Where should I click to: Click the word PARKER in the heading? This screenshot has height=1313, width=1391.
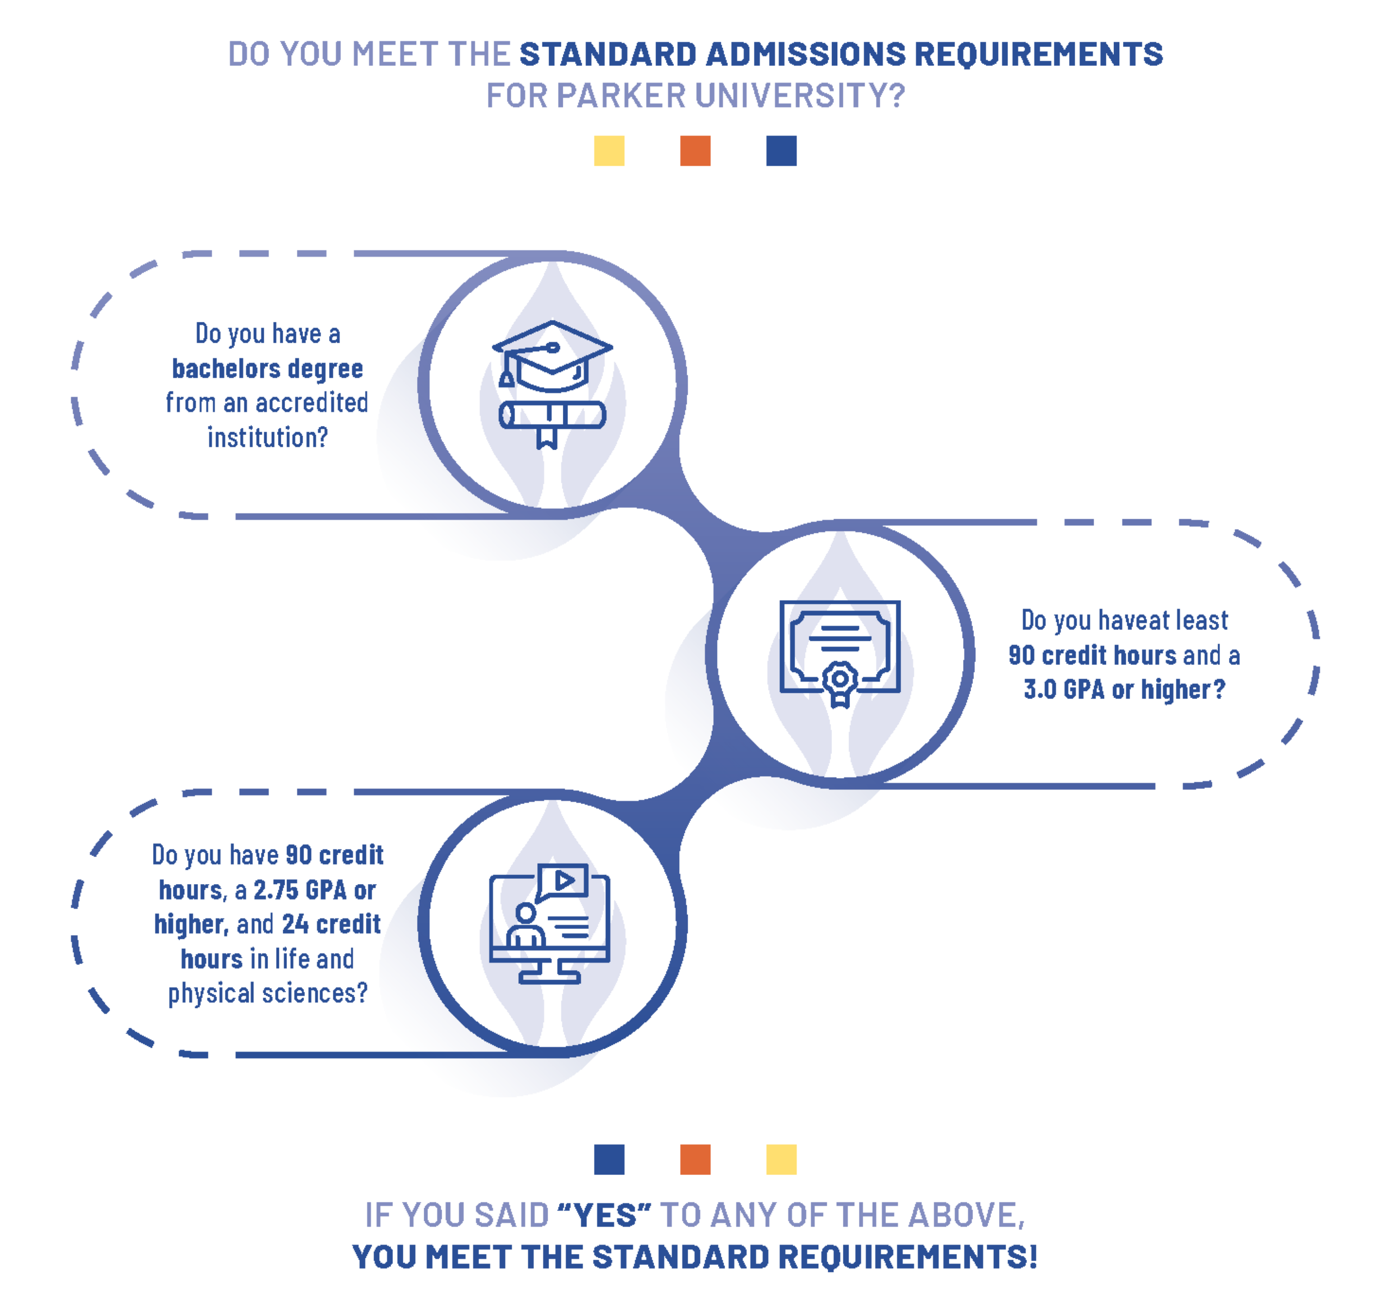click(x=621, y=96)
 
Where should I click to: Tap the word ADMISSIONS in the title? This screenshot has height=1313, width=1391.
click(x=806, y=54)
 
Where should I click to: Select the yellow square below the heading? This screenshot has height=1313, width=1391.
click(x=609, y=151)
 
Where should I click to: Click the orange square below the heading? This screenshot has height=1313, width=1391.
click(x=695, y=151)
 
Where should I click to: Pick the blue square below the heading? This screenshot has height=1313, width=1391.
click(x=781, y=151)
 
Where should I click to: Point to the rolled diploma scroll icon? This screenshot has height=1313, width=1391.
click(x=552, y=416)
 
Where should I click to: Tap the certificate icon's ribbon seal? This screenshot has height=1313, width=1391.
click(x=839, y=681)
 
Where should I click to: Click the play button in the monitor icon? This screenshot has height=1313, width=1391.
click(x=564, y=880)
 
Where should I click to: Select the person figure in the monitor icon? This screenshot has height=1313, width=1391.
click(x=525, y=926)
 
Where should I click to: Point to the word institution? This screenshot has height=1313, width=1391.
click(x=267, y=437)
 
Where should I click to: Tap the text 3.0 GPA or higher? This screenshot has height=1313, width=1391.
click(x=1124, y=690)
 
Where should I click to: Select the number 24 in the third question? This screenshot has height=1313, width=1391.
click(x=295, y=924)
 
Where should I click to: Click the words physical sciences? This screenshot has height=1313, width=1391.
click(x=267, y=993)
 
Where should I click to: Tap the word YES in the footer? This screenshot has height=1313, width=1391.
click(x=605, y=1216)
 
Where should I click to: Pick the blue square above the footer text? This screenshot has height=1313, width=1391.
click(x=609, y=1159)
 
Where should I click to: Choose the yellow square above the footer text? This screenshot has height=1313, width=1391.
click(x=781, y=1159)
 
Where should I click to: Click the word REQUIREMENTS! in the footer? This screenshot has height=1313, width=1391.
click(x=907, y=1256)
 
